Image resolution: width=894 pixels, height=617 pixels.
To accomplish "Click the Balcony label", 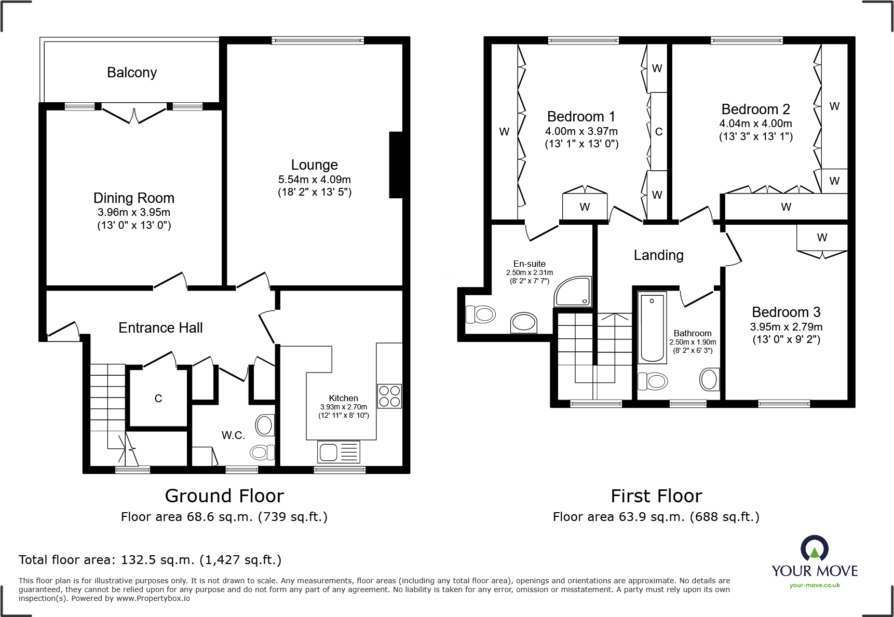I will click(132, 73).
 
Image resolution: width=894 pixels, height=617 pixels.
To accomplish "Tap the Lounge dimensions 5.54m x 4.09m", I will click(314, 180).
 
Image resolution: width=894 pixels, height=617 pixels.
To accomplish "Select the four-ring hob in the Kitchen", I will click(389, 396).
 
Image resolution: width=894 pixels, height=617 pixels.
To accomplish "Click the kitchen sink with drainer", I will click(338, 451).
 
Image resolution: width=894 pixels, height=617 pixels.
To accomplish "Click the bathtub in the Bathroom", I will click(652, 328).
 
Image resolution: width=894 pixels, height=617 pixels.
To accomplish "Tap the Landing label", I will click(658, 255).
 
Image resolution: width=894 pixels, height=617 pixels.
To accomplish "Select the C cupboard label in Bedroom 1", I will click(659, 132).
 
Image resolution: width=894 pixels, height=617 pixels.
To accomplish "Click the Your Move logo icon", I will click(814, 549).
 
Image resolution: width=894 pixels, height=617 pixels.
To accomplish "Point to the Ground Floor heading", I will click(224, 496).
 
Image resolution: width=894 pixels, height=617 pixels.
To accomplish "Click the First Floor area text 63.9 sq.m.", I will click(656, 517).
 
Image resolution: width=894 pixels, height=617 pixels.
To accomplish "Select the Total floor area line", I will click(150, 560).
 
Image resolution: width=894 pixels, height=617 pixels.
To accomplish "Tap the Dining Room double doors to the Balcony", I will click(134, 114).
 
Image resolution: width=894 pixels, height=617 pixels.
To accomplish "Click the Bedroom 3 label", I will click(786, 312).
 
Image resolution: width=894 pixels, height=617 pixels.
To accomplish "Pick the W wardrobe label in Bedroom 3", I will click(822, 238).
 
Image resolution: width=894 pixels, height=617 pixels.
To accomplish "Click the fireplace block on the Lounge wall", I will click(396, 165).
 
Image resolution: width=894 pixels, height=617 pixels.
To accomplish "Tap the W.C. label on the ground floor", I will click(233, 435).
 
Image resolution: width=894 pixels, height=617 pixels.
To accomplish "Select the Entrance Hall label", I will click(160, 328).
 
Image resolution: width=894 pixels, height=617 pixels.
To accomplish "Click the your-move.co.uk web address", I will click(815, 585).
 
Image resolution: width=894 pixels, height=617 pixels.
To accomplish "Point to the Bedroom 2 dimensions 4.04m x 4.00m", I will click(755, 124).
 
